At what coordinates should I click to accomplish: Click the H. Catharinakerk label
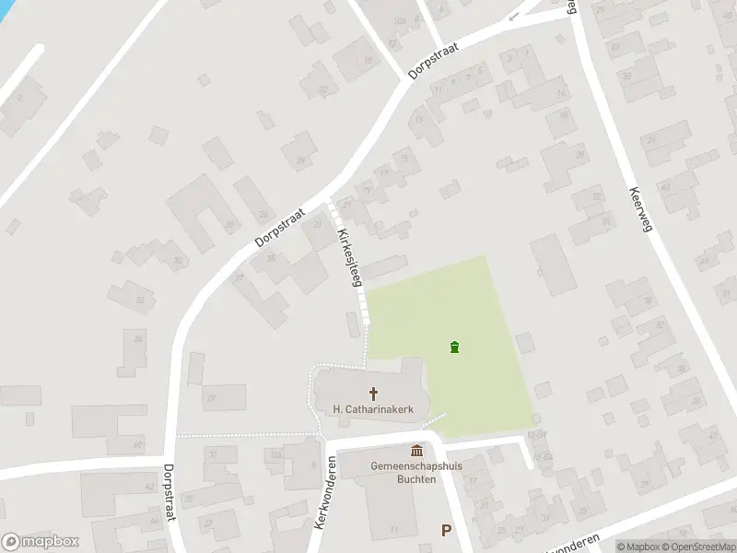372,408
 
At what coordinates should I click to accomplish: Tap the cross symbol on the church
373,393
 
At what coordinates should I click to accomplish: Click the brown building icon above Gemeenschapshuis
416,451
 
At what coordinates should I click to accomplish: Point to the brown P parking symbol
446,530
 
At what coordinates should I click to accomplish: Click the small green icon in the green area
453,347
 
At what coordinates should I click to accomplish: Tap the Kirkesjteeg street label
348,258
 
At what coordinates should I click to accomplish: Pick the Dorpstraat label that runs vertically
170,493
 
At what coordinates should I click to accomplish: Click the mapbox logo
40,542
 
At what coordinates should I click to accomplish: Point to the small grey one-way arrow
513,16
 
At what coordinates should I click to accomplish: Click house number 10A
398,21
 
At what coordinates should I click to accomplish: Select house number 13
419,119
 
